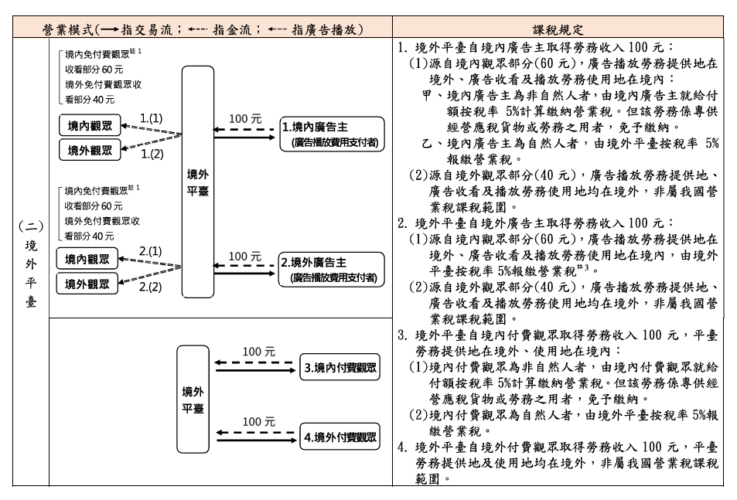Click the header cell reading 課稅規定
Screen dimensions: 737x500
(x=558, y=29)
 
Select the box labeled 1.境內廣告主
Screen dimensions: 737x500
(x=332, y=134)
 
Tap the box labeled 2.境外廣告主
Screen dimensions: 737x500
(x=331, y=270)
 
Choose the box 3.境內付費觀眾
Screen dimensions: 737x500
(x=339, y=367)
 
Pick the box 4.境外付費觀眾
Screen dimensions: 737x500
(x=339, y=437)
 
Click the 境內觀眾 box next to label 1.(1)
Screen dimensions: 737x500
(x=90, y=125)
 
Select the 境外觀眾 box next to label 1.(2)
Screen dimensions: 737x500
(x=90, y=150)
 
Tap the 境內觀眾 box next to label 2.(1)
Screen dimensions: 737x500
(x=87, y=259)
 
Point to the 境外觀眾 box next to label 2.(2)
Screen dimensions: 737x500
(x=87, y=284)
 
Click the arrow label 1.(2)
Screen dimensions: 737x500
(x=152, y=154)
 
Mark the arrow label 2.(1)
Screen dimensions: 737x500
(x=150, y=252)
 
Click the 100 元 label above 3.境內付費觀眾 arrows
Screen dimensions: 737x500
(x=259, y=352)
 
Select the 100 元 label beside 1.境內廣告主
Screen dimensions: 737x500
(x=245, y=119)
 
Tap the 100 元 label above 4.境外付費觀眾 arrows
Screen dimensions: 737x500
(x=259, y=422)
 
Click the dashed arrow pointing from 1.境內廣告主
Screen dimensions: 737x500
(x=244, y=130)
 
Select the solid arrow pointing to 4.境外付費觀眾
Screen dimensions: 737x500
(x=257, y=440)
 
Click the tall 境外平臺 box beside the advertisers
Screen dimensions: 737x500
(x=198, y=182)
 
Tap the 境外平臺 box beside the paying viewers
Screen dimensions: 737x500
(x=193, y=399)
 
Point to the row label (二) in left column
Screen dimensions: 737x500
(x=31, y=226)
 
